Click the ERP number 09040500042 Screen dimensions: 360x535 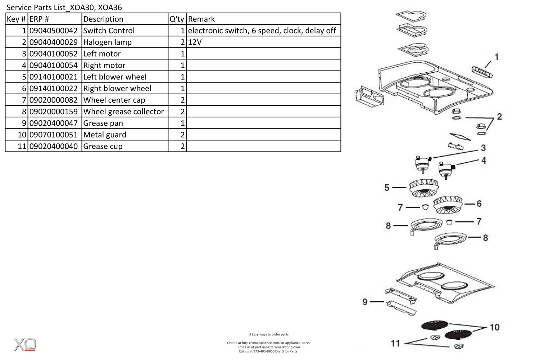[53, 31]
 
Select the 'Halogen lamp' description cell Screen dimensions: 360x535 [107, 42]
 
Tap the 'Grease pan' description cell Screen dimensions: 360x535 [103, 123]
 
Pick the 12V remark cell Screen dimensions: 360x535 [195, 42]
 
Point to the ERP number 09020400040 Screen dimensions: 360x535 [53, 146]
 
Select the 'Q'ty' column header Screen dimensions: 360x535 [177, 19]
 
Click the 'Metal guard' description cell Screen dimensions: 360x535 [105, 135]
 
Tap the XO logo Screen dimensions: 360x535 [25, 345]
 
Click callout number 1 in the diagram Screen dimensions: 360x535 [497, 57]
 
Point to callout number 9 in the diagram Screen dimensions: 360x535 [365, 302]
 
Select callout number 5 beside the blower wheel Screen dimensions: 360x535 [387, 188]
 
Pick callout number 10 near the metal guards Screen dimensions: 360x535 [494, 327]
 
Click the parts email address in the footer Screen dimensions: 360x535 [268, 347]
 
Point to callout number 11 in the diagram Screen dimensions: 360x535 [395, 343]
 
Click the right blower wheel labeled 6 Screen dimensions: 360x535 [448, 205]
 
